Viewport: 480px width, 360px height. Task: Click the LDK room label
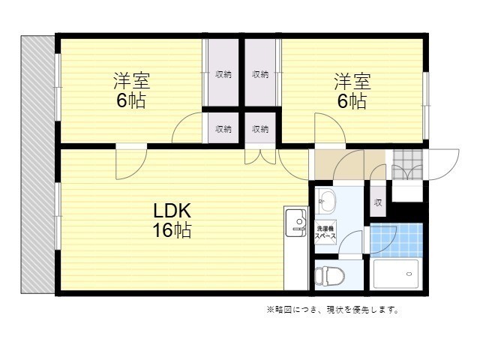(x=172, y=211)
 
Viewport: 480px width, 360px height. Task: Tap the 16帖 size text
(x=172, y=230)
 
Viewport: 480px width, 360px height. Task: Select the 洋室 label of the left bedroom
(x=132, y=81)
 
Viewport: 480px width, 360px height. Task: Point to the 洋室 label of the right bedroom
(x=352, y=82)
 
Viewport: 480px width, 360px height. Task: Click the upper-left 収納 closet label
(x=223, y=74)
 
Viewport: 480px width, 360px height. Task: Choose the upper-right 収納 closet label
(x=260, y=74)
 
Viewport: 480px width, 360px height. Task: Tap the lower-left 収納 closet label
(x=223, y=129)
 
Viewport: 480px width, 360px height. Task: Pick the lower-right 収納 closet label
(x=260, y=129)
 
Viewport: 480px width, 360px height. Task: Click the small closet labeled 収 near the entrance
(x=378, y=202)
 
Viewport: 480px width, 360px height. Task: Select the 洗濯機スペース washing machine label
(x=325, y=232)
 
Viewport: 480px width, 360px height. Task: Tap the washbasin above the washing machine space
(x=326, y=202)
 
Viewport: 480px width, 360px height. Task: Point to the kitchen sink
(x=296, y=223)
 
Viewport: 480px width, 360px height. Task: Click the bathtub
(x=396, y=274)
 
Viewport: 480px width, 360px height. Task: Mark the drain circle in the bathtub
(x=409, y=274)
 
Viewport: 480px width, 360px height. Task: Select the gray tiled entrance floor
(x=407, y=164)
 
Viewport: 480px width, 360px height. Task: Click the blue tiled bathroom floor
(x=397, y=240)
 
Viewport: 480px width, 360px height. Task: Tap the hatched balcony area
(x=37, y=164)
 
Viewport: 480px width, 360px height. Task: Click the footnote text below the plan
(x=333, y=310)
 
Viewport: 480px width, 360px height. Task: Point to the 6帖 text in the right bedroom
(x=352, y=101)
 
